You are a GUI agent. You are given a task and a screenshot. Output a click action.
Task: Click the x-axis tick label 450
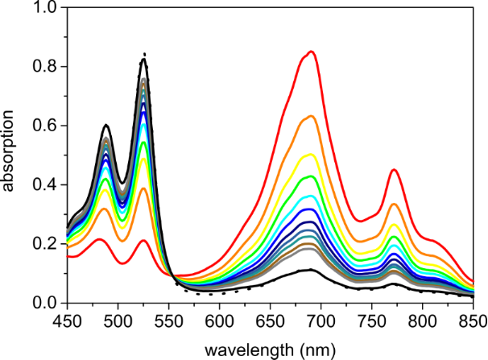(68, 321)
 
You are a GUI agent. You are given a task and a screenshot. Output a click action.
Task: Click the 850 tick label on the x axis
(473, 321)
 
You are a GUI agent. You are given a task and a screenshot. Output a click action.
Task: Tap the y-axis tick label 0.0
(46, 304)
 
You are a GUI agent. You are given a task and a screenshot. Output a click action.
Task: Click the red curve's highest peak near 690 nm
(311, 52)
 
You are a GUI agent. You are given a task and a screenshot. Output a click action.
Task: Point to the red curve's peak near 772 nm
(394, 170)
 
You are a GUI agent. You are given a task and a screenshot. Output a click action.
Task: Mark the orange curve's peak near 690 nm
(311, 117)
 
